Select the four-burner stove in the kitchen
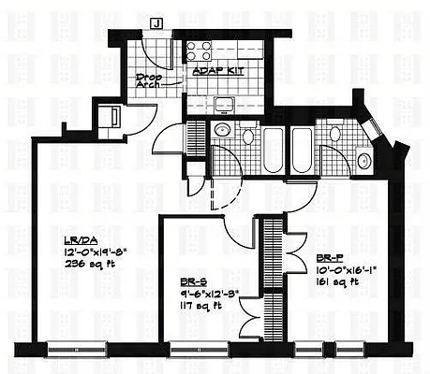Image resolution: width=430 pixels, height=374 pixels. point(199,50)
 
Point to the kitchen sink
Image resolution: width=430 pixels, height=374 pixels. point(224,104)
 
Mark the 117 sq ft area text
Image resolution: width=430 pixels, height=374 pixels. point(197,304)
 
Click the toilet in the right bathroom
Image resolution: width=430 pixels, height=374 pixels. point(334,135)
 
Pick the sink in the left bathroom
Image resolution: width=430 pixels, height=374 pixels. point(222,130)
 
